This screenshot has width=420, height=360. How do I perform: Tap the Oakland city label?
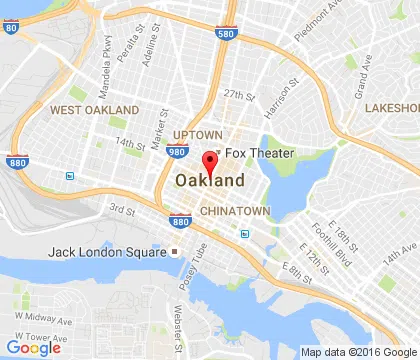tap(210, 181)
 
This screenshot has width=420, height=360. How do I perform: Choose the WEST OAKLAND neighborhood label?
tap(95, 109)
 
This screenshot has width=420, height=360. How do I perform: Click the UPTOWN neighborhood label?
tap(197, 135)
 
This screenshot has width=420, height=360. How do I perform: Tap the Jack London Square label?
tap(109, 251)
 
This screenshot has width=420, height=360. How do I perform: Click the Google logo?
tap(33, 348)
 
